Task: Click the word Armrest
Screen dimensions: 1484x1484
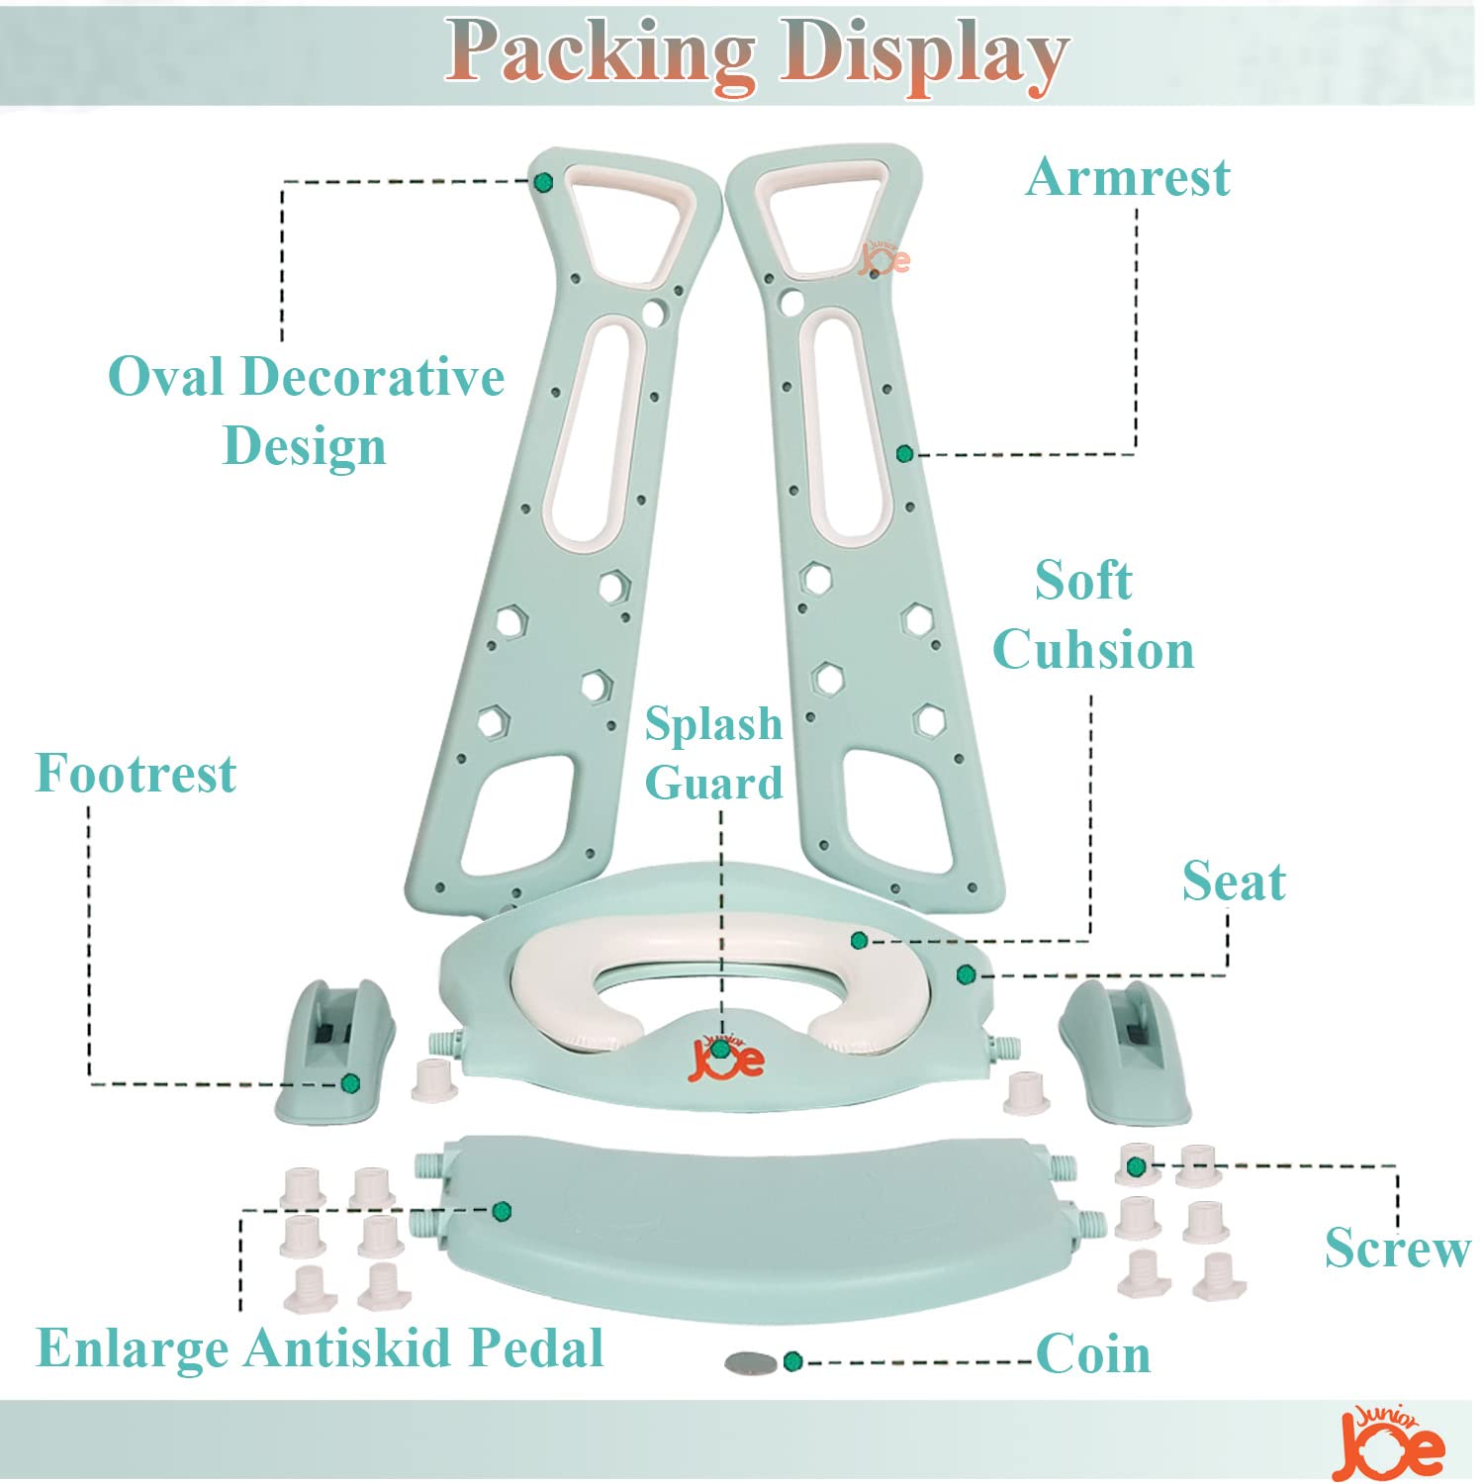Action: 1128,178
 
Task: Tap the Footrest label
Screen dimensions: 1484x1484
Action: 136,773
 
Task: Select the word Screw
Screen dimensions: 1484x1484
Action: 1397,1248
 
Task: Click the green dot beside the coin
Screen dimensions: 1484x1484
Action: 791,1362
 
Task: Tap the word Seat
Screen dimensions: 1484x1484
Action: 1234,881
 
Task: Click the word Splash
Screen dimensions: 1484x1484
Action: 713,724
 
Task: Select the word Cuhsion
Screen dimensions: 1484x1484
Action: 1093,650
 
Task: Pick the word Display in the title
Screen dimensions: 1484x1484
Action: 924,53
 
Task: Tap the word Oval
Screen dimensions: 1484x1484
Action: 166,377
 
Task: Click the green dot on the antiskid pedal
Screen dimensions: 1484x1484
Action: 502,1210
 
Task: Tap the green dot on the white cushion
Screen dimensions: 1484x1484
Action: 859,940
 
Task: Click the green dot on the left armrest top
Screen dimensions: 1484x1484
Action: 542,182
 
